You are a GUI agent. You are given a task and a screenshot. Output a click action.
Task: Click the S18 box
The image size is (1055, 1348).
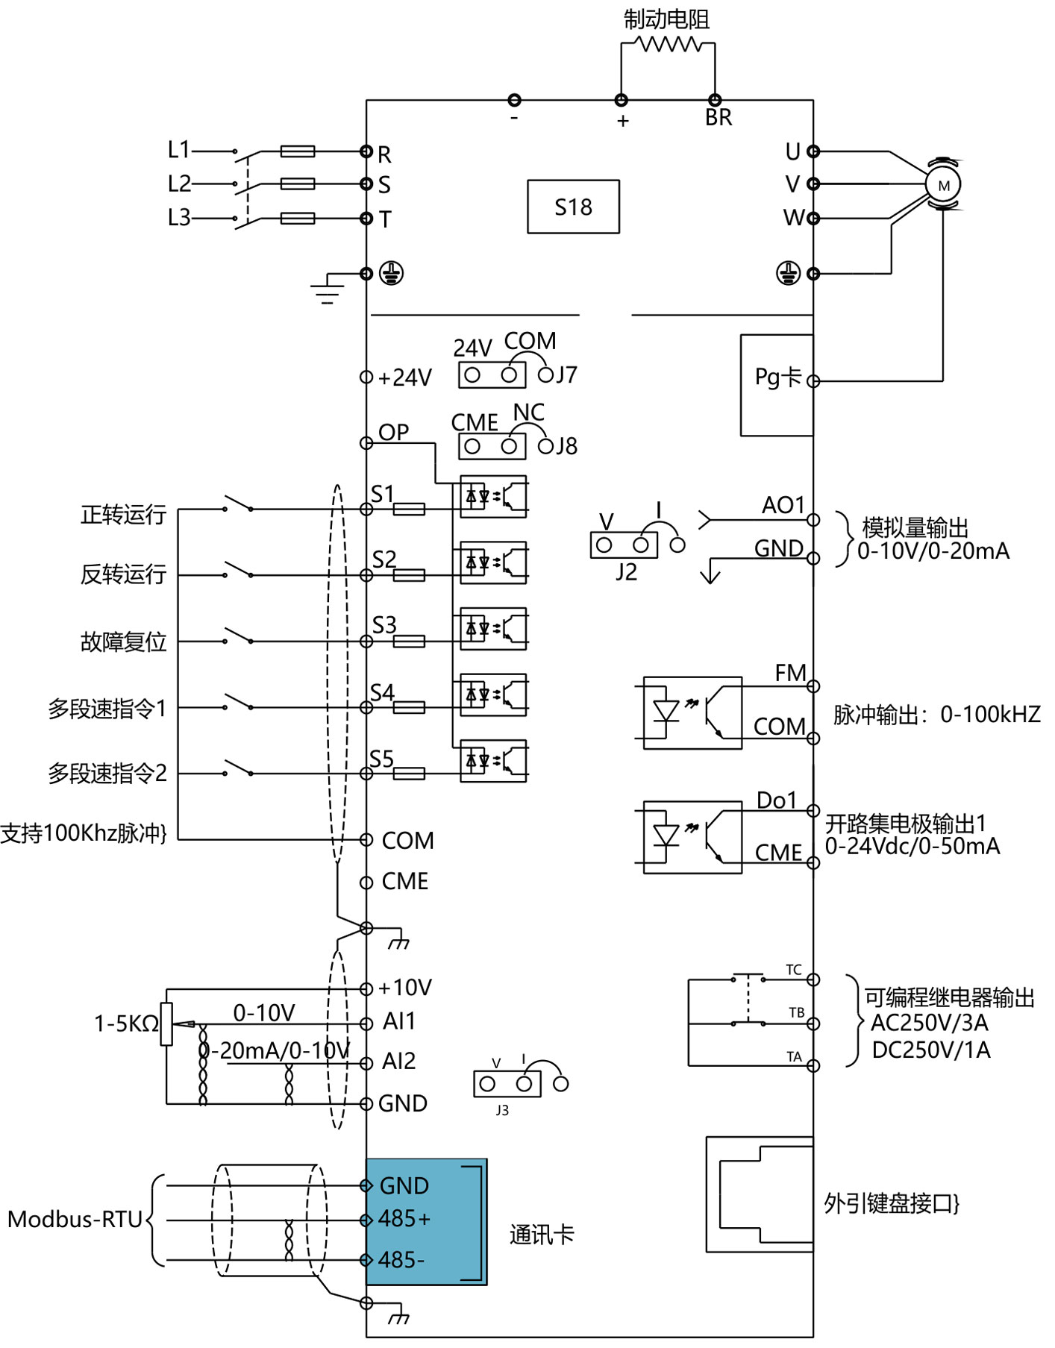click(573, 207)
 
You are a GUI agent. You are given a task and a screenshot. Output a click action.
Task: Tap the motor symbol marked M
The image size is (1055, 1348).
click(943, 185)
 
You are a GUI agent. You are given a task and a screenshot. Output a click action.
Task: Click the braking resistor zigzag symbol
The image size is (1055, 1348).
click(669, 45)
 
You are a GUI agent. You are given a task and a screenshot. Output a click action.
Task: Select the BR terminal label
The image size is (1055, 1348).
click(719, 118)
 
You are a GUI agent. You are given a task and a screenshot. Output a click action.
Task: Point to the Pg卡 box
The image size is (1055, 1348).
click(777, 384)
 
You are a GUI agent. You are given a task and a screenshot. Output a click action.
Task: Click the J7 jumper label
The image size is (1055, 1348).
click(567, 374)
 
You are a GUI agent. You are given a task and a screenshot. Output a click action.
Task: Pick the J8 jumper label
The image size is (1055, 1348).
click(567, 446)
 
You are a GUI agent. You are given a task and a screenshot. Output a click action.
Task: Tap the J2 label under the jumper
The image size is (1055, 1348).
click(627, 572)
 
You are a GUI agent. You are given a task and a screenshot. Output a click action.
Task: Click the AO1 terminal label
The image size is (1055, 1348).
click(783, 506)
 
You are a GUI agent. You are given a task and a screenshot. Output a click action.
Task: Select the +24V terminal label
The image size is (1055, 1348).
click(404, 378)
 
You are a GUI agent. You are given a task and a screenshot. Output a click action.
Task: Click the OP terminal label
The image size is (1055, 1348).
click(393, 432)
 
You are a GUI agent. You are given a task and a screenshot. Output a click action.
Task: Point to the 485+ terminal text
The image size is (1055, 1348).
click(404, 1219)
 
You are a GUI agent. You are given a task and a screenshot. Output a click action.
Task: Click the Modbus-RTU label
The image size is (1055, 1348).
click(75, 1219)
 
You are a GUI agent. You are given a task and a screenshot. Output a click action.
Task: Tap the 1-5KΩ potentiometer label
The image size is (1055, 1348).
click(126, 1023)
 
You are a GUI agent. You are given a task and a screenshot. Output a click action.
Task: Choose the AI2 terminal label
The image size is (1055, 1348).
click(398, 1061)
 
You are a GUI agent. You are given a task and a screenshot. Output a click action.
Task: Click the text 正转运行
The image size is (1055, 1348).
click(123, 514)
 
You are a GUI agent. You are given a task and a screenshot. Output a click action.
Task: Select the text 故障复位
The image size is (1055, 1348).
click(123, 642)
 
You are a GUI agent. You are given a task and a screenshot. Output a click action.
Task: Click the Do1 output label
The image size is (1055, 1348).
click(777, 800)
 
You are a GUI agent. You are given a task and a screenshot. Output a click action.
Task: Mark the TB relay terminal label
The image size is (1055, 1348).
click(797, 1012)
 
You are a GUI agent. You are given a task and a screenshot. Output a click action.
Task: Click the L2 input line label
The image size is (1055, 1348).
click(179, 184)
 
